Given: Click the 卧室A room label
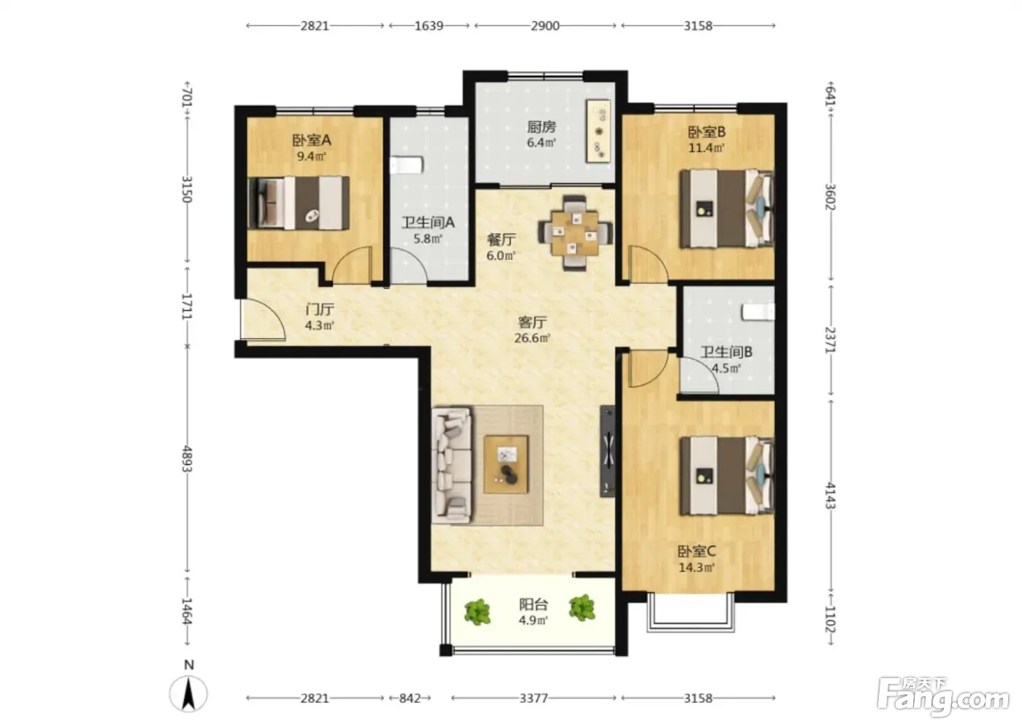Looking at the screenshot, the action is [312, 140].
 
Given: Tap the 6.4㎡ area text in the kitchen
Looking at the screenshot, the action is [541, 143].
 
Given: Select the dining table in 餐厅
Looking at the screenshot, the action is [575, 233].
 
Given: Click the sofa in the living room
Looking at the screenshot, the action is [452, 465].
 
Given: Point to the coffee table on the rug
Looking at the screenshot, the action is [507, 464].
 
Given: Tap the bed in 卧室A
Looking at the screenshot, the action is [299, 203].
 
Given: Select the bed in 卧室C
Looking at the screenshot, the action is [727, 475].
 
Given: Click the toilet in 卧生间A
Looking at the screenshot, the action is [407, 165].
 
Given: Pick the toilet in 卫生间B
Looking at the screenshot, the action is [758, 312].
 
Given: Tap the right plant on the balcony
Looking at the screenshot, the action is [583, 607].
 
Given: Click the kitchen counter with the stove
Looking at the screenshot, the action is [598, 131].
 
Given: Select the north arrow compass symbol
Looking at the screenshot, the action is [188, 693].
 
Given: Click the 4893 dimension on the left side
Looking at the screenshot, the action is [187, 459].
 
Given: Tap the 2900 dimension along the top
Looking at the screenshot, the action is [545, 26].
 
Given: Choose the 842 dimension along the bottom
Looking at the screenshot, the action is [410, 699].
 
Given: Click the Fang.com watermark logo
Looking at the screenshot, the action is [943, 700].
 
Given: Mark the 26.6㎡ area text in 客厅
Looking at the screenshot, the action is [532, 338].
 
